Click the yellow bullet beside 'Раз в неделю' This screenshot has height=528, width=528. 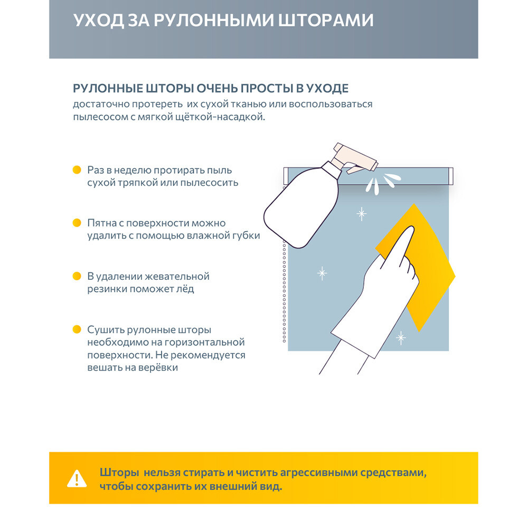click(x=77, y=170)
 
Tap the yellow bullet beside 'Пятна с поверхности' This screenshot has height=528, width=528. click(x=77, y=223)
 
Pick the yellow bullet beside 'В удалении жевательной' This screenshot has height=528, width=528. click(x=77, y=276)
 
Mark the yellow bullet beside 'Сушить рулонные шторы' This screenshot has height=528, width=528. click(x=77, y=329)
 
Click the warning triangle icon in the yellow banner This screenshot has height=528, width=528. click(x=77, y=479)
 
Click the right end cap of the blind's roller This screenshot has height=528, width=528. click(x=450, y=176)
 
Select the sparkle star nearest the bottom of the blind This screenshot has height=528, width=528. click(x=401, y=337)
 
